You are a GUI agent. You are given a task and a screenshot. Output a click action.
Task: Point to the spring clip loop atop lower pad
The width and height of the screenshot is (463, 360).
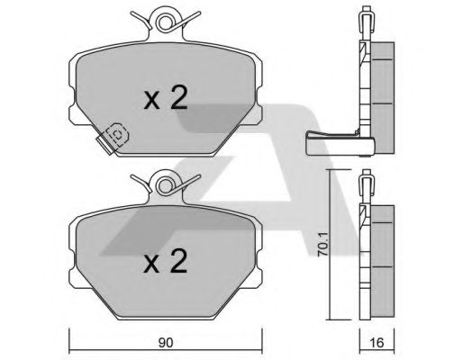tap(164, 186)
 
